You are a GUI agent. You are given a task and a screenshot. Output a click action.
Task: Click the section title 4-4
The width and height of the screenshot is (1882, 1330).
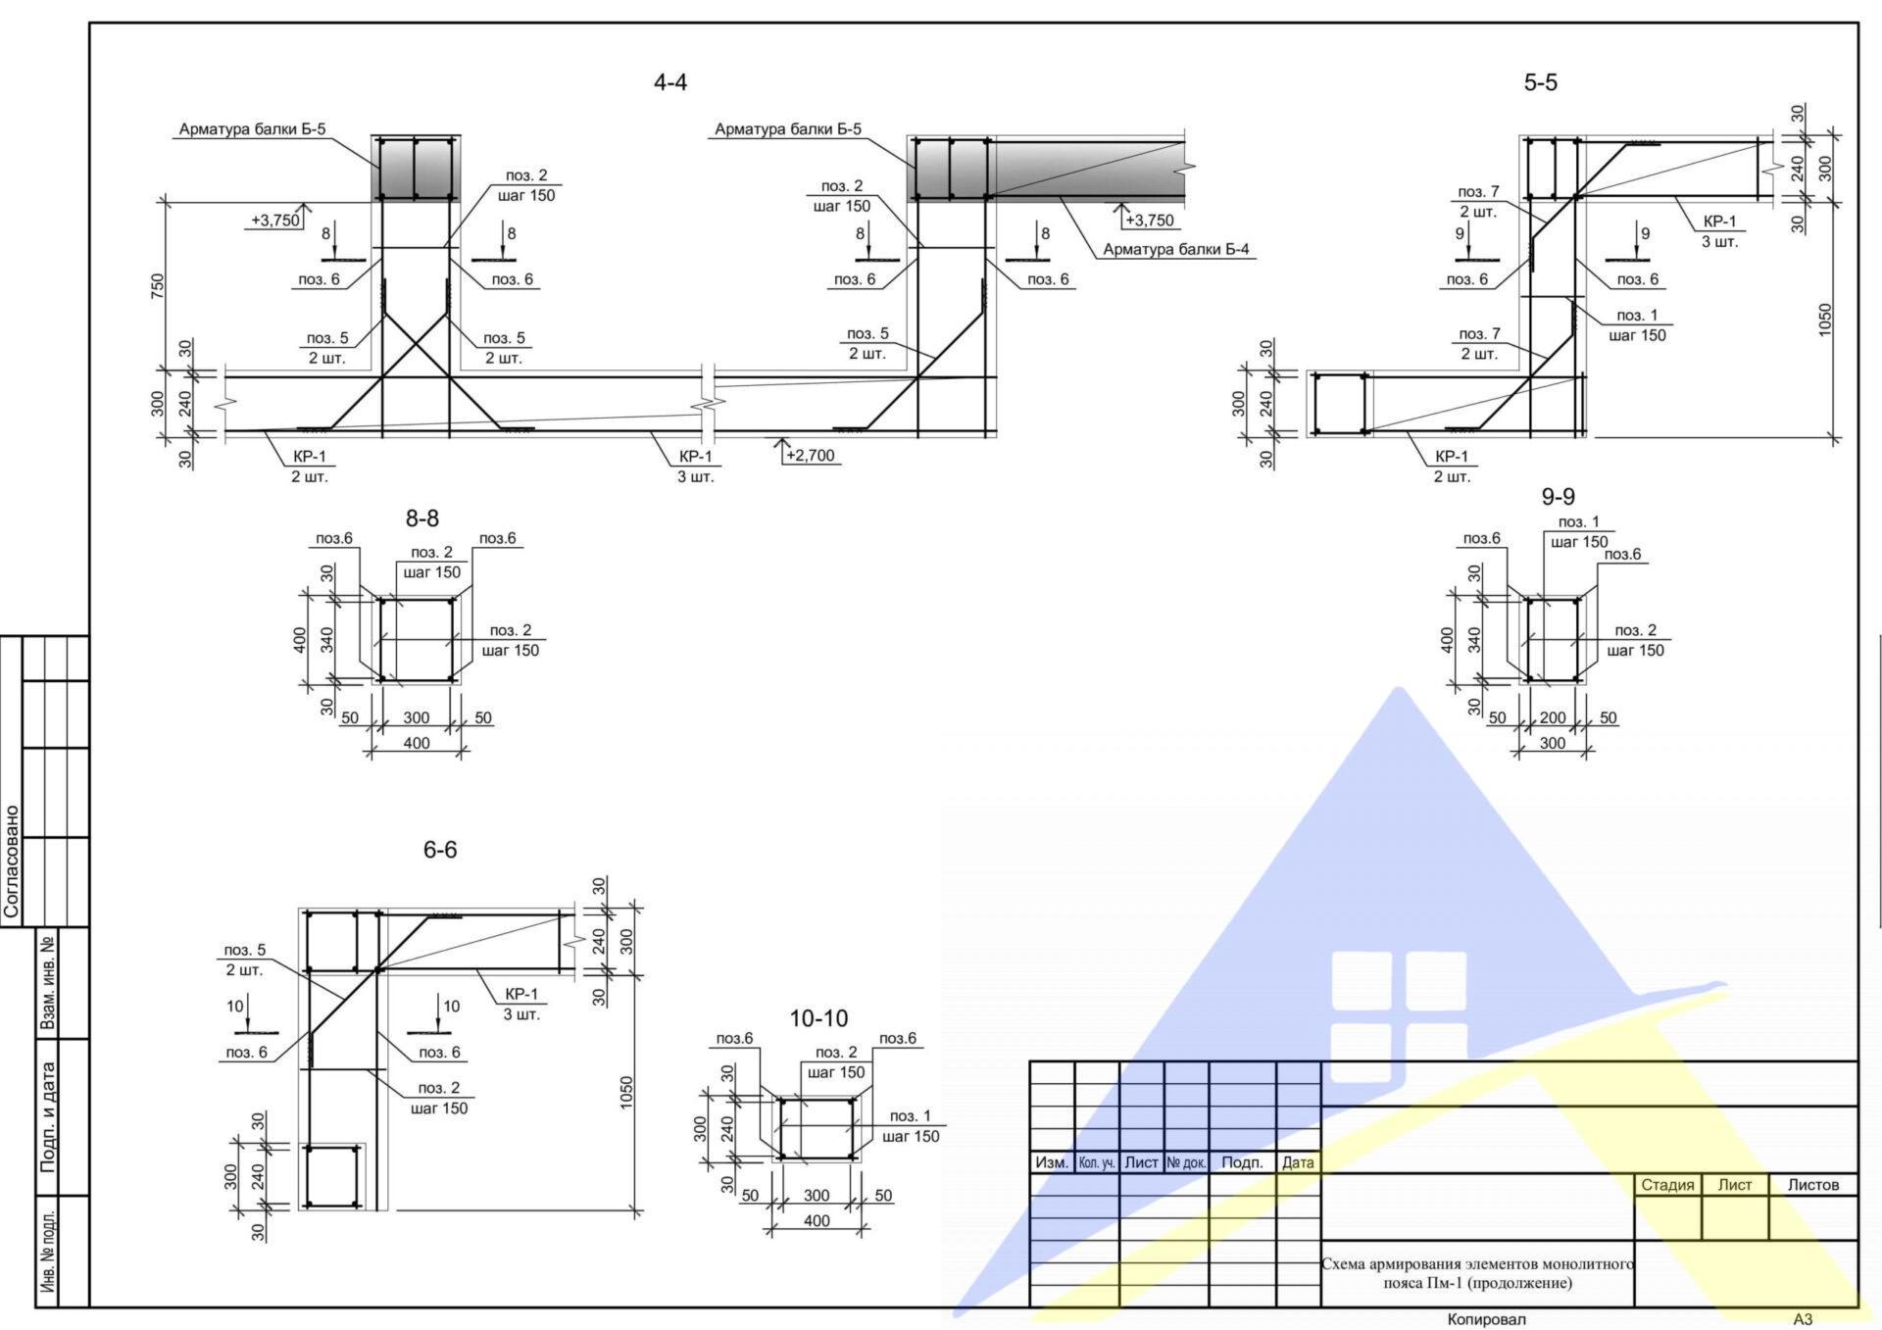point(670,82)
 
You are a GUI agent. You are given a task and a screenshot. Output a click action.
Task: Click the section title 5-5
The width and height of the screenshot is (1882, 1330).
point(1540,82)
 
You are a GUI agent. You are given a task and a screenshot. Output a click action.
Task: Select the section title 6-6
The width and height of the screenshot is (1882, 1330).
point(440,850)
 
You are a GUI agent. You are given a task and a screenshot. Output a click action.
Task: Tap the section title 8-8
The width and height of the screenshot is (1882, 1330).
point(422,518)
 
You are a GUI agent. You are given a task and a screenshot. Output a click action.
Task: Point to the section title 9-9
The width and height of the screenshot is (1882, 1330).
point(1558,497)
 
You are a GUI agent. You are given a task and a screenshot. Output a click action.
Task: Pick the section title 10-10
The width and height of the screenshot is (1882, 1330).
point(818,1018)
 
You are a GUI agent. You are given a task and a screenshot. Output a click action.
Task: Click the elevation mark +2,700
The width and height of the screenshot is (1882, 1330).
point(811,455)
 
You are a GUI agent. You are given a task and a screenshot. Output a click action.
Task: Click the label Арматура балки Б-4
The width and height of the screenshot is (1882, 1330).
point(1176,249)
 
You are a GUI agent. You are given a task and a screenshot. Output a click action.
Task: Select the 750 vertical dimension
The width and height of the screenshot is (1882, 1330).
point(158,286)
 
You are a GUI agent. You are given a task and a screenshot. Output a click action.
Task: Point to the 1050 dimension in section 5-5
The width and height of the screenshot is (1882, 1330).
point(1824,320)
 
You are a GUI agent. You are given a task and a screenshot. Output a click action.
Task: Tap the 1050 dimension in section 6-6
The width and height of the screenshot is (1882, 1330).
point(626,1094)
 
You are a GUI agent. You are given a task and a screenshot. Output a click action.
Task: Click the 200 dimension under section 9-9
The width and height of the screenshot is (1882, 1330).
point(1553,717)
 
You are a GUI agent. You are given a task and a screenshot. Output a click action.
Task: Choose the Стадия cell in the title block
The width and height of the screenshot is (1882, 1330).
point(1667,1185)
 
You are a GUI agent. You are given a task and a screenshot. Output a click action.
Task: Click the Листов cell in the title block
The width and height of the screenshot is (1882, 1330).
point(1813,1185)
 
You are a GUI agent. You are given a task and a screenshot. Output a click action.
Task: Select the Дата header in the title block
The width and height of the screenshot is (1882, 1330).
point(1298,1163)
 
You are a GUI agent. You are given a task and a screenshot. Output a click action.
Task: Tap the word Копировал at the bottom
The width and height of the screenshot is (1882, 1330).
point(1486,1319)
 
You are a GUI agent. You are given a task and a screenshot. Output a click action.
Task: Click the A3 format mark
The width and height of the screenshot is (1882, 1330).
point(1803,1319)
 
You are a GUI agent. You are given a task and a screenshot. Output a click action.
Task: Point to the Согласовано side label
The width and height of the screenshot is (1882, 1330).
point(12,862)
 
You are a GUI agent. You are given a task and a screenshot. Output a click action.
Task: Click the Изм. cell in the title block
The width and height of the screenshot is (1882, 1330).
point(1052,1163)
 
